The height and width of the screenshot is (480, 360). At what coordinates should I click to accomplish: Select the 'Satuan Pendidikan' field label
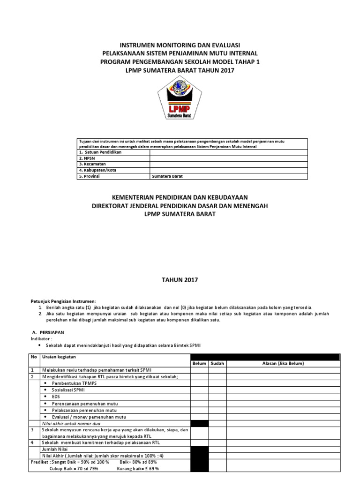pos(100,153)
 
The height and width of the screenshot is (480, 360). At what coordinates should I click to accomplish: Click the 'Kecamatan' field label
pos(93,165)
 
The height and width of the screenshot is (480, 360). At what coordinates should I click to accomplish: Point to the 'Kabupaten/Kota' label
pos(98,171)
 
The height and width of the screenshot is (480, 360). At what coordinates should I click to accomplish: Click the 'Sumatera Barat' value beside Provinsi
pos(167,177)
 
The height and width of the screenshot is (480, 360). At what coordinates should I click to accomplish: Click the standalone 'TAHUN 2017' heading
pos(180,280)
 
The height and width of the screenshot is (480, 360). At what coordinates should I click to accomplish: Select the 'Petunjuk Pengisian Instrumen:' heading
pos(63,300)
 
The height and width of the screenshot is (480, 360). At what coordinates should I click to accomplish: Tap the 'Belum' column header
pos(199,364)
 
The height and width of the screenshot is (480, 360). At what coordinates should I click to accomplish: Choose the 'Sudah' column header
pos(217,364)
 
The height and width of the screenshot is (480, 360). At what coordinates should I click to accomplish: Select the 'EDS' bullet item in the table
pos(56,397)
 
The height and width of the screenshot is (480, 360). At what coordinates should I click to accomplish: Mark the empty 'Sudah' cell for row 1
pos(217,370)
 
